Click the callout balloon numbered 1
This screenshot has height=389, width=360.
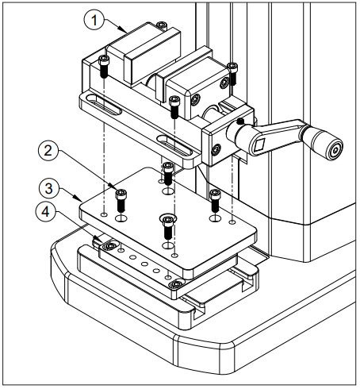[x=94, y=21]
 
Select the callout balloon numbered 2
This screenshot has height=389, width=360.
[x=48, y=151]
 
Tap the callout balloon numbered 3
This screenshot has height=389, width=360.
[x=48, y=189]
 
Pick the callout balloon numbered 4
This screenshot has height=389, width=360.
[x=45, y=212]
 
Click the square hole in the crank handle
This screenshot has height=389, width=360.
[x=259, y=144]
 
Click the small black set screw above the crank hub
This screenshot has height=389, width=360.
[x=240, y=121]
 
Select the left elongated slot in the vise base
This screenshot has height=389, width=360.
[x=104, y=105]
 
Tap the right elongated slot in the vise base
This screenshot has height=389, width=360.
[x=174, y=145]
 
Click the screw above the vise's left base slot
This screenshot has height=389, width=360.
[x=104, y=67]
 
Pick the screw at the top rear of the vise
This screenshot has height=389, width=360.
[x=161, y=25]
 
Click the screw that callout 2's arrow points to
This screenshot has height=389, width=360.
[x=121, y=200]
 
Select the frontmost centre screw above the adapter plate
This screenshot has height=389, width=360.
[x=168, y=226]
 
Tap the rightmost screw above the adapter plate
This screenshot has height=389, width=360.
[x=216, y=200]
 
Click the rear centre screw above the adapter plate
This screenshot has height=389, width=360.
[x=168, y=173]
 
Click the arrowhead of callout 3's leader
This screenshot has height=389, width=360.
[x=78, y=198]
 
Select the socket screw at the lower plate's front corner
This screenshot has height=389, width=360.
[x=175, y=285]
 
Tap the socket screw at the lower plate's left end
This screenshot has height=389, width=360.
[x=109, y=246]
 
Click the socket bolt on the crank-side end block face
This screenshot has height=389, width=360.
[x=216, y=150]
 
